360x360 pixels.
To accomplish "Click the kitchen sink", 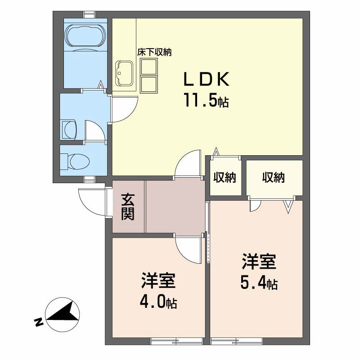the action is click(x=125, y=73).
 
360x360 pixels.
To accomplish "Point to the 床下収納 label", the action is click(x=154, y=52).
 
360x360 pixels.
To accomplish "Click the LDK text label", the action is click(x=207, y=79).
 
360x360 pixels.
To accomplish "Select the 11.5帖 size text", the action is click(x=206, y=100).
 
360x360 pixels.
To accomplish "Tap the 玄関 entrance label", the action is click(x=128, y=207).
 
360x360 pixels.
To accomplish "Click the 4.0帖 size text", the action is click(x=158, y=302).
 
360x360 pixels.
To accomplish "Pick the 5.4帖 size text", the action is click(x=259, y=283).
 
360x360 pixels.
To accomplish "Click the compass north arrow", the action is click(x=63, y=315).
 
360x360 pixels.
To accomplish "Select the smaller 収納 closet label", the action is click(x=225, y=177).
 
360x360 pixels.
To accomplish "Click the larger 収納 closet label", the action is click(x=274, y=177).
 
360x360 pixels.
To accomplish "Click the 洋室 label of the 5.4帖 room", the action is click(x=259, y=261).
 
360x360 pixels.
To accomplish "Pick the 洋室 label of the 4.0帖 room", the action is click(x=158, y=280).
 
